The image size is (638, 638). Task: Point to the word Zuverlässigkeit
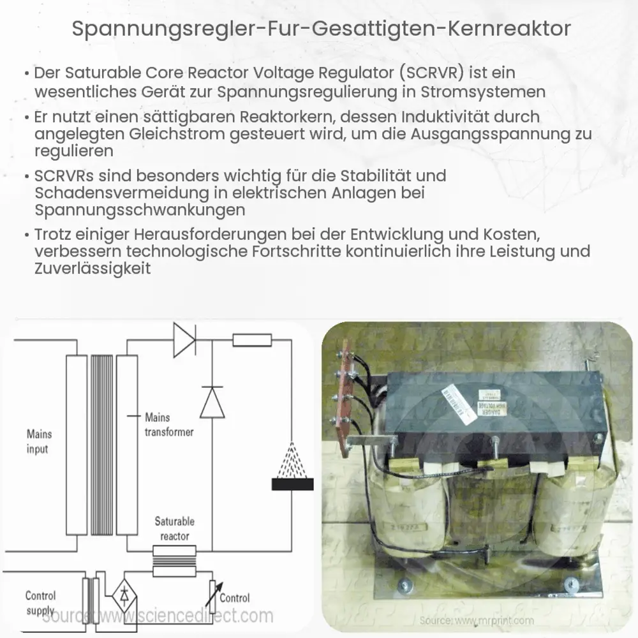click(93, 269)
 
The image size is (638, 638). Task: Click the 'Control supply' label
click(40, 603)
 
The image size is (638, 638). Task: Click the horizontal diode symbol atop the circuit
click(184, 340)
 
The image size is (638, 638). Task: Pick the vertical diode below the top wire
click(212, 403)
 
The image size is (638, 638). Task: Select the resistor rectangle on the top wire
click(252, 340)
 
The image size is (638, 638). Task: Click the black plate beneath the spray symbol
click(292, 484)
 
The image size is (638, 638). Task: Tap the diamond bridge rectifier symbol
click(124, 595)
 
